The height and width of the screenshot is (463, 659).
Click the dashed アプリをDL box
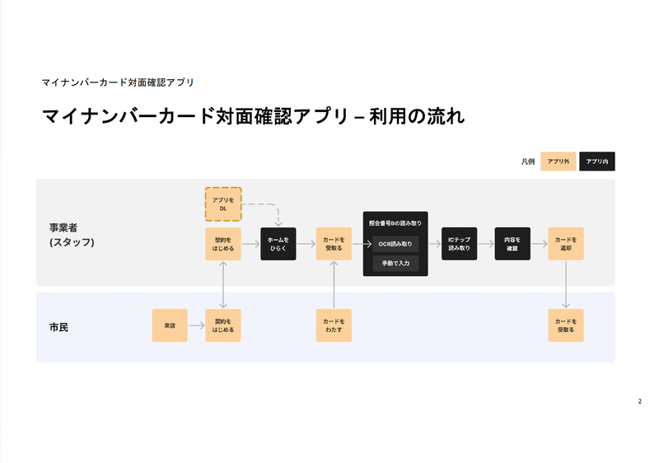(222, 204)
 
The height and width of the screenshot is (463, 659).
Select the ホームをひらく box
(278, 244)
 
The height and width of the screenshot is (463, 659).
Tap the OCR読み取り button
(395, 244)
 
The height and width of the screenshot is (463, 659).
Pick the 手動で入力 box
(395, 264)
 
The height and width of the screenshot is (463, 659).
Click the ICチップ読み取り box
(459, 244)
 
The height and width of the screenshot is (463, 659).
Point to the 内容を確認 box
(512, 244)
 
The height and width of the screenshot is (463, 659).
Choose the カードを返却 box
(565, 244)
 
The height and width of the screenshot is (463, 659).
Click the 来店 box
(170, 326)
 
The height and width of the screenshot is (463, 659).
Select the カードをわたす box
(334, 326)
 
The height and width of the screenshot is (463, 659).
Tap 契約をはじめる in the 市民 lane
(222, 326)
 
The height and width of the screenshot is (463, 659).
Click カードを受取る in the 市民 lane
(565, 326)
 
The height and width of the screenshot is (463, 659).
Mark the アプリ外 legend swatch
(558, 162)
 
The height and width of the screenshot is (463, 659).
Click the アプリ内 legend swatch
(597, 162)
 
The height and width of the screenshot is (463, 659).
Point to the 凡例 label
(527, 162)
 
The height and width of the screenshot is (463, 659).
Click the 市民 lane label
(58, 327)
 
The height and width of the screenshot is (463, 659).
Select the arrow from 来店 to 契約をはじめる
(196, 326)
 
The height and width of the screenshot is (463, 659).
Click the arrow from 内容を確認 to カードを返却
(539, 244)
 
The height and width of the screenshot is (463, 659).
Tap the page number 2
(639, 401)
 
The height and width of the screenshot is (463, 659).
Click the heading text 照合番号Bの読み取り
(395, 223)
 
